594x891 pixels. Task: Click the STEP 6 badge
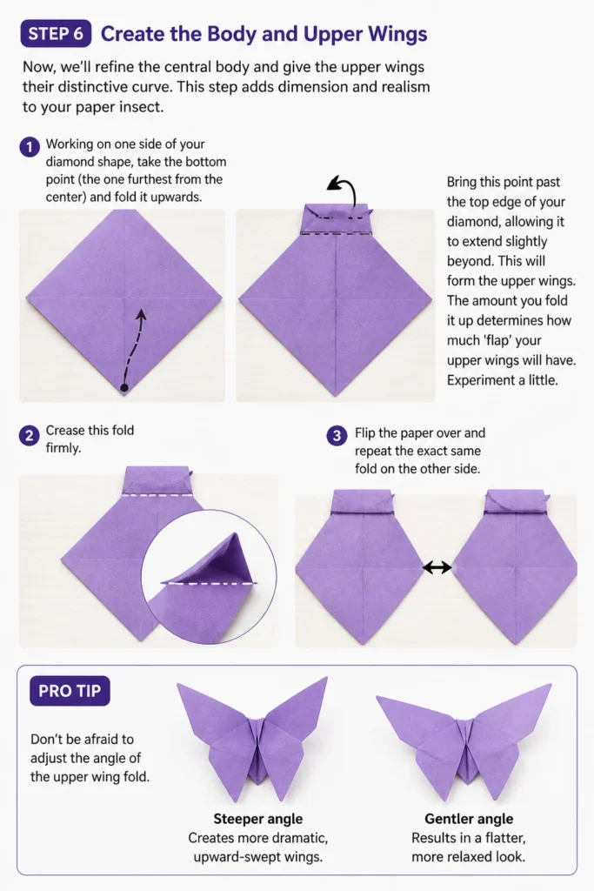pos(56,34)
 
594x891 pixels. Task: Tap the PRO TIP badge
pos(70,691)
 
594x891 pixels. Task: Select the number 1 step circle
pos(30,147)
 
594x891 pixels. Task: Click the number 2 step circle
pos(29,436)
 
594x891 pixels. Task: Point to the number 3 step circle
pos(337,436)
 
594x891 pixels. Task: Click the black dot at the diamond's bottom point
pos(124,387)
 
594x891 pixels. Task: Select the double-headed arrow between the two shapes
pos(437,566)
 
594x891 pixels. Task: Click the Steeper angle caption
pos(257,819)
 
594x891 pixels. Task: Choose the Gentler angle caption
pos(469,819)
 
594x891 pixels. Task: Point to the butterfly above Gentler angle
pos(464,739)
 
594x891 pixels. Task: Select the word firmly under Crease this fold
pos(63,448)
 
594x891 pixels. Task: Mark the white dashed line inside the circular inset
pos(210,583)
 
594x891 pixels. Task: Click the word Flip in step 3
pos(364,433)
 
